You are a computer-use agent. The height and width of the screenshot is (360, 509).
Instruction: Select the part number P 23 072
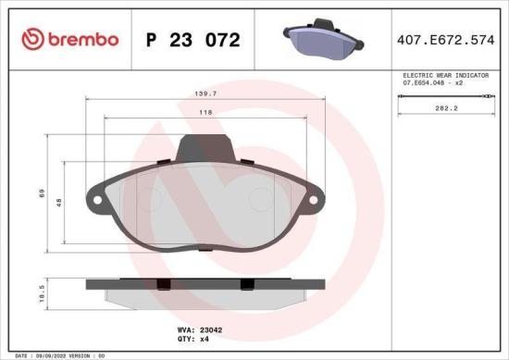coord(193,40)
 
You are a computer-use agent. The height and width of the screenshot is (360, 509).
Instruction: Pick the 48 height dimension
coord(59,201)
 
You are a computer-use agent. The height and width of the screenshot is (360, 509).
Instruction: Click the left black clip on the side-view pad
coord(161,283)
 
